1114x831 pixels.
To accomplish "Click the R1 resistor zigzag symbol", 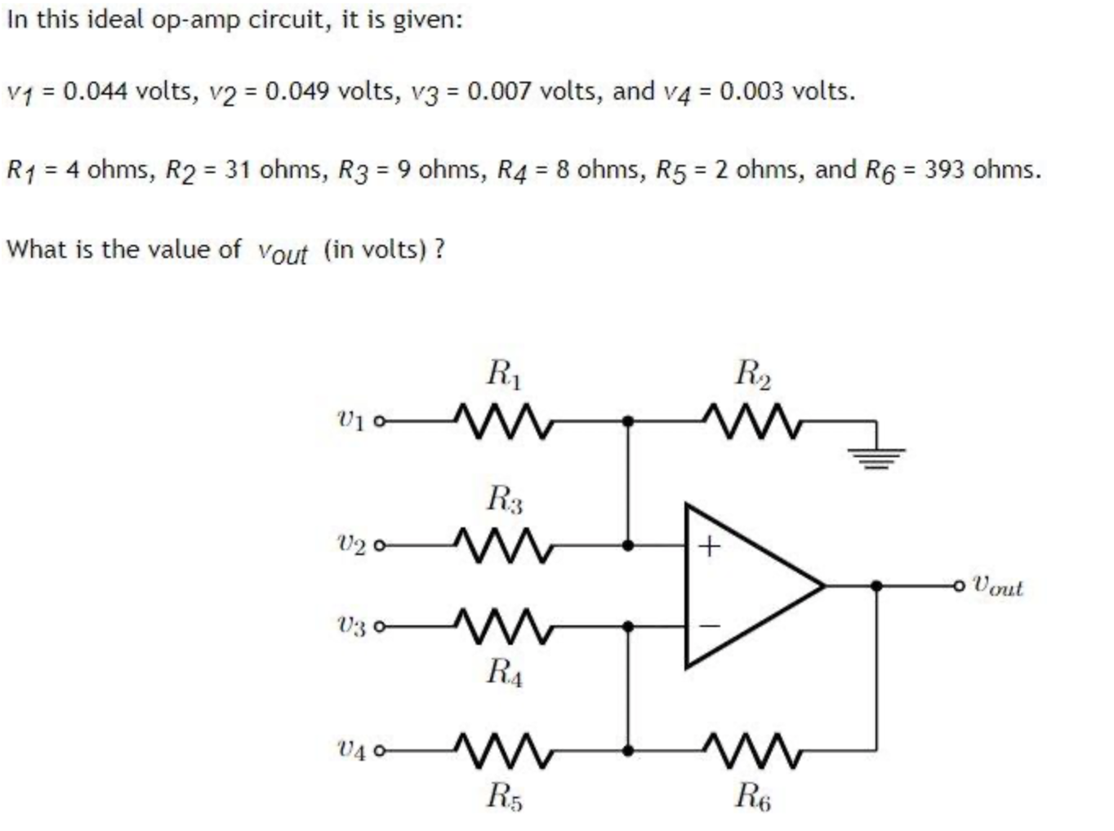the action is pos(503,420).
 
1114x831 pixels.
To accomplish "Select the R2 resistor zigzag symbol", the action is pos(751,420).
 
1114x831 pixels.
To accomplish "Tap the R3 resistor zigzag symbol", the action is pos(503,545).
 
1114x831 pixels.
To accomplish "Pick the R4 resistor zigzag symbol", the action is pos(503,626).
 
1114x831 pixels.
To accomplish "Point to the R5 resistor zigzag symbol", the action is pos(503,750).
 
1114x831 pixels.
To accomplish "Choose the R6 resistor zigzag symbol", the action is pos(751,750).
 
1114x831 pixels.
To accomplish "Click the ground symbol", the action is pos(876,458).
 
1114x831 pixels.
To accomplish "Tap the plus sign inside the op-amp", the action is pos(709,546).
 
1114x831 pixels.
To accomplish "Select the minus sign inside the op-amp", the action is pos(709,625).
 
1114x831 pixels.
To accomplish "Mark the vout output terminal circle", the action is pos(958,586).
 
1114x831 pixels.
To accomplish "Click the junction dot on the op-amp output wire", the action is pos(876,586).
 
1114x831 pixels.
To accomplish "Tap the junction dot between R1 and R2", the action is pos(628,421).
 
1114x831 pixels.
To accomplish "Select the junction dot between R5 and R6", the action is pos(628,750).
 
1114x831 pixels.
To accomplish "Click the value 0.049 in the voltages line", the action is pos(297,91).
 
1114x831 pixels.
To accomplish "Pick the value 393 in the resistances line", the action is pos(944,169).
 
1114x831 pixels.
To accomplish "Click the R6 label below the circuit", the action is pos(753,797).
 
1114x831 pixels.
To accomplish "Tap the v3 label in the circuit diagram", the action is pos(351,626).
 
